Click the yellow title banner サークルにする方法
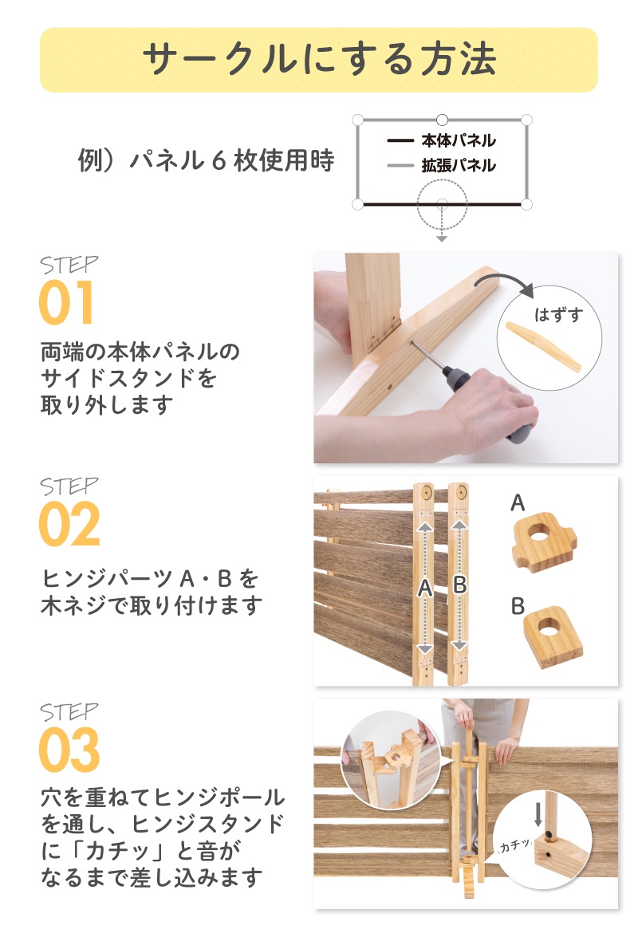pyautogui.click(x=319, y=60)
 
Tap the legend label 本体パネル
pyautogui.click(x=459, y=140)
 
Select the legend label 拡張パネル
pyautogui.click(x=459, y=165)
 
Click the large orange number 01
pyautogui.click(x=66, y=302)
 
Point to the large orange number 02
pyautogui.click(x=69, y=524)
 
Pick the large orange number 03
pyautogui.click(x=69, y=750)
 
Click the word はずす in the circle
pyautogui.click(x=558, y=314)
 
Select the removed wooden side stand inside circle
pyautogui.click(x=544, y=347)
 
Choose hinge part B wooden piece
pyautogui.click(x=553, y=636)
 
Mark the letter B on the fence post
pyautogui.click(x=459, y=584)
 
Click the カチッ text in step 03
pyautogui.click(x=515, y=845)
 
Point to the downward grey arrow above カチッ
pyautogui.click(x=538, y=813)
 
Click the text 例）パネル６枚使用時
pyautogui.click(x=206, y=160)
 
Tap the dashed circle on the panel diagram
pyautogui.click(x=442, y=205)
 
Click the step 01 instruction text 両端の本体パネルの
pyautogui.click(x=140, y=351)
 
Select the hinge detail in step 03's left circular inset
pyautogui.click(x=390, y=759)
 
